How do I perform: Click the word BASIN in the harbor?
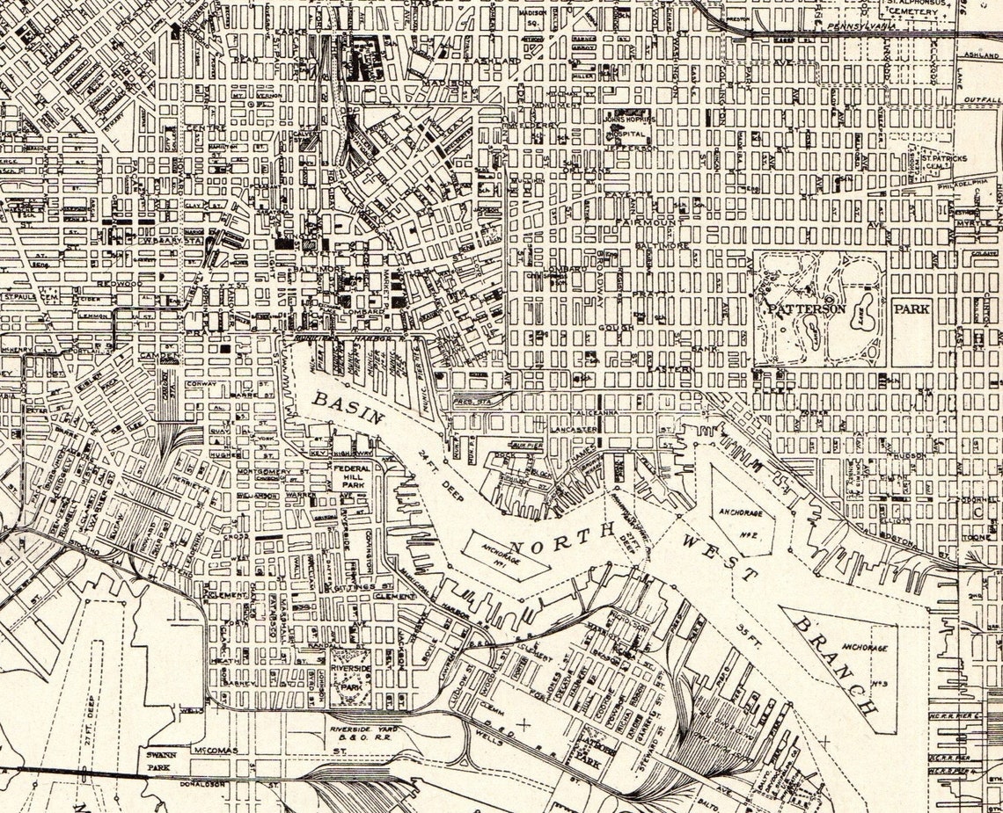tap(348, 407)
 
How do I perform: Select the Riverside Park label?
tap(350, 674)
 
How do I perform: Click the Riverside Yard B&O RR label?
tap(362, 734)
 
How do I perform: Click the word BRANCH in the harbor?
tap(836, 664)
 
